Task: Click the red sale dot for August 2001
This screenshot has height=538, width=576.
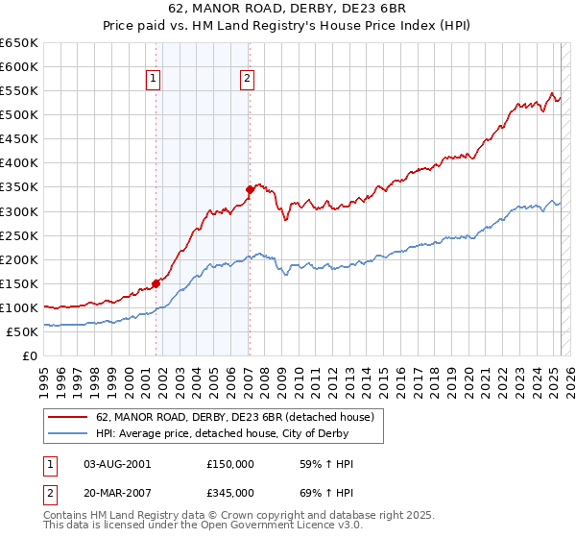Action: pos(156,283)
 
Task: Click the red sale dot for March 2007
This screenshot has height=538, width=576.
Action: pos(250,189)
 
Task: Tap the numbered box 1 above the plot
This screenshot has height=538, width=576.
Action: pos(154,80)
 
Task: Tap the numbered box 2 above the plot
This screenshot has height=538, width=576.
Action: pos(248,80)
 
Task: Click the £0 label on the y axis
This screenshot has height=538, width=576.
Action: pos(31,355)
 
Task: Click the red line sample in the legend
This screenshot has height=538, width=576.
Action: pos(69,416)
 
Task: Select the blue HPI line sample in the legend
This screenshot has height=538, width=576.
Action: pos(69,433)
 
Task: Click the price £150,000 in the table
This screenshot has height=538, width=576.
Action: pos(230,464)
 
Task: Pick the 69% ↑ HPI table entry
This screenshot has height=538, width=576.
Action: pos(321,493)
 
